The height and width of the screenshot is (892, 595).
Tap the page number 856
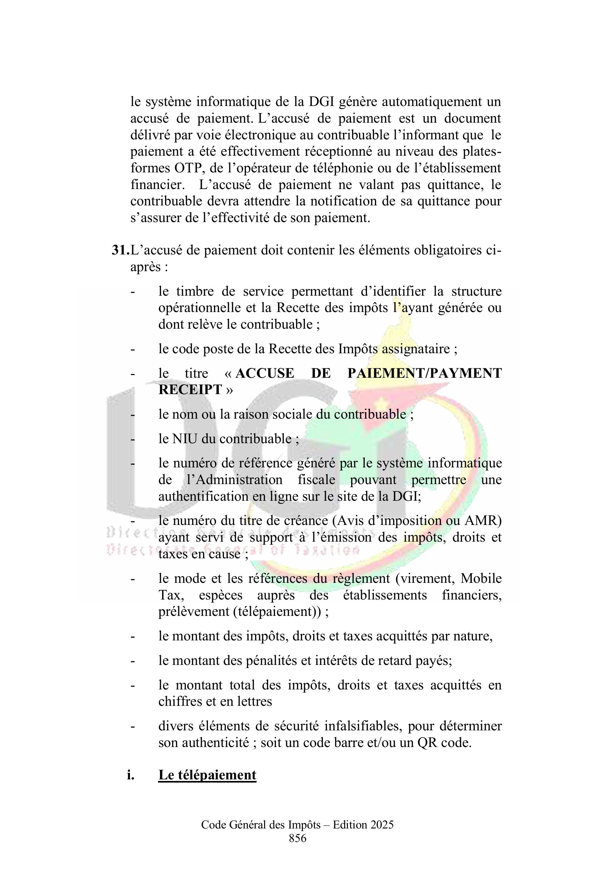297,838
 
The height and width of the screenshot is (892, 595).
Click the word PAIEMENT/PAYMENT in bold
424,373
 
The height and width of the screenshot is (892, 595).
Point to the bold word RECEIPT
190,390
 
